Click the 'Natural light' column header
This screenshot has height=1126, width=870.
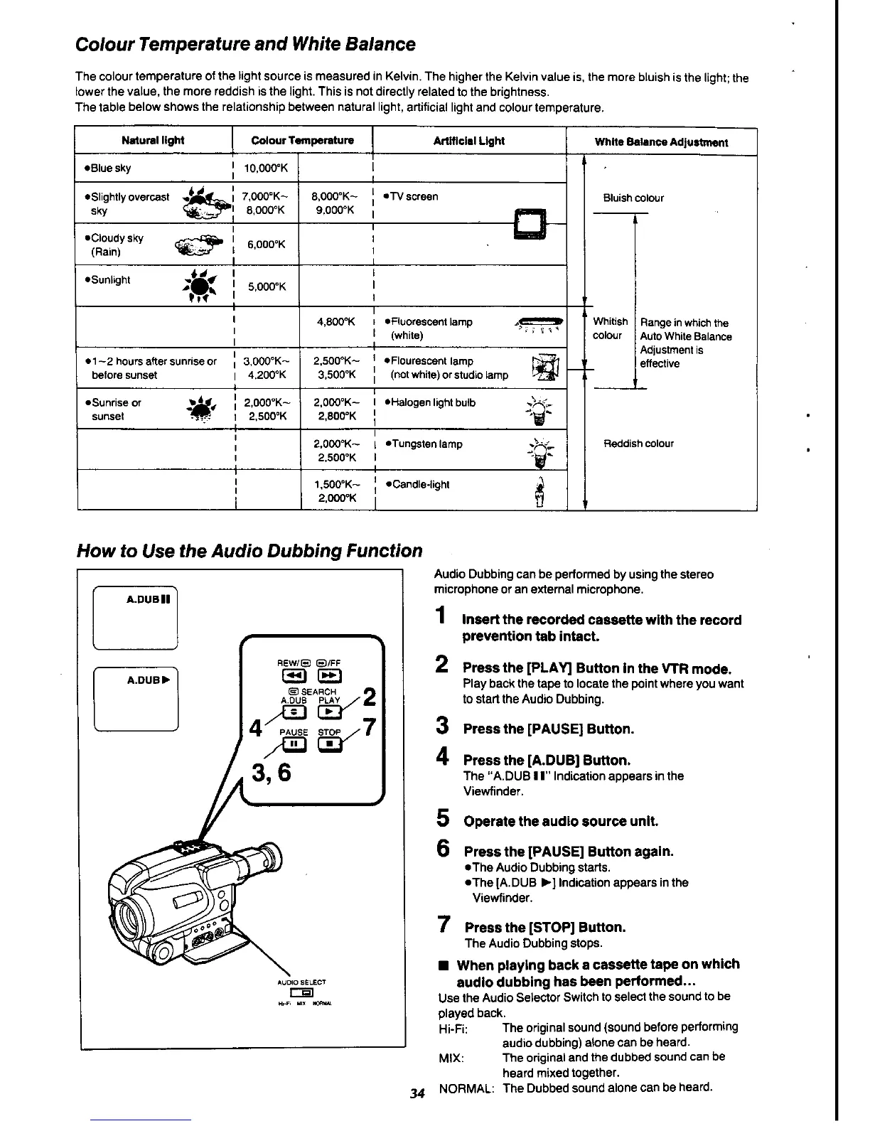pos(153,141)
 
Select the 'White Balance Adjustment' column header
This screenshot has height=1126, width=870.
pos(661,142)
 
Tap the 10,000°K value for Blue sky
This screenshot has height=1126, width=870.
pos(266,168)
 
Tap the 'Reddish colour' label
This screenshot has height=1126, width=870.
pos(638,444)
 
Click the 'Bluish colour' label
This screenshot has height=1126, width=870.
pos(633,198)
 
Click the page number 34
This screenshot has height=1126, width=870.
pos(417,1093)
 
